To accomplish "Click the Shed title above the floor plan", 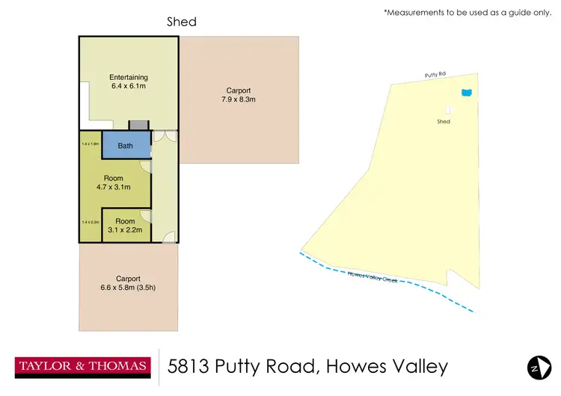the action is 182,22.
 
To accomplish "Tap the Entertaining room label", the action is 129,77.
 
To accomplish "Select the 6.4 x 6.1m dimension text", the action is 129,87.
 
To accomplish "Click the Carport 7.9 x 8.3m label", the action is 239,95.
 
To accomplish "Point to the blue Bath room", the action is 126,146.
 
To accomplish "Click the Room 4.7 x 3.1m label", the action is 114,182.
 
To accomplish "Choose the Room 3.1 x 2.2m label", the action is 126,226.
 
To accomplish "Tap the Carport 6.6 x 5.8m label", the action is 128,283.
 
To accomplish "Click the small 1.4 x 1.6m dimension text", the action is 91,143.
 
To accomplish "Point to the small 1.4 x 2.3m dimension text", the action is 91,222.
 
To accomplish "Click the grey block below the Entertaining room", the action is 139,125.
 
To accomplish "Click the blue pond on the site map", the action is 467,93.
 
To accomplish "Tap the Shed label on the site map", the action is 444,121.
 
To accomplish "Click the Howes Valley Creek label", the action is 373,277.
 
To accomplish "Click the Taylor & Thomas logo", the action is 82,367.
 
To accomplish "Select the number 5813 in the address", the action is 190,367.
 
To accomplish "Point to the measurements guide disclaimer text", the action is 467,13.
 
